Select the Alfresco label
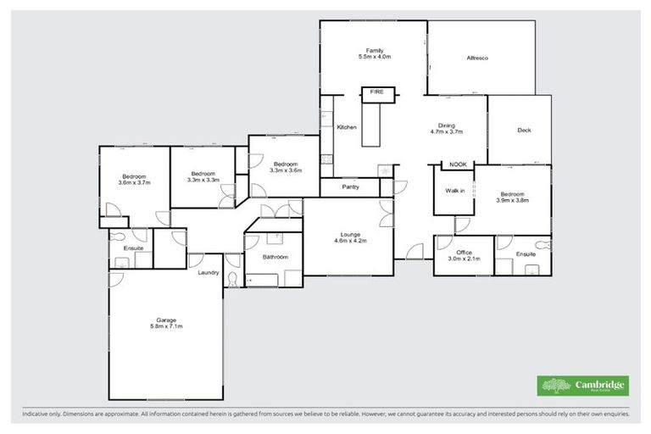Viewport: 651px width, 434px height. click(x=481, y=58)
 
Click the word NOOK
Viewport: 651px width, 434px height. click(x=458, y=164)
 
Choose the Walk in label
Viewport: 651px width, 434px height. click(x=455, y=191)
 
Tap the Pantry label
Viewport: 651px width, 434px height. click(x=352, y=186)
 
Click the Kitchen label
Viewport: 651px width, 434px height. click(x=347, y=127)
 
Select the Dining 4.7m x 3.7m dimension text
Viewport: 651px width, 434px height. click(x=445, y=132)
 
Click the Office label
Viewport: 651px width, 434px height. click(x=463, y=255)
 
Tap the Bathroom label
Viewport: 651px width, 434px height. click(x=275, y=257)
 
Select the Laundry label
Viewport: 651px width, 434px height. click(x=209, y=273)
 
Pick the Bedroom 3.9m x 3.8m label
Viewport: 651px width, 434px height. click(x=512, y=198)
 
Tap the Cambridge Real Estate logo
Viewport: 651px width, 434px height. click(x=583, y=386)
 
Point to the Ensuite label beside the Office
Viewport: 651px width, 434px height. click(x=526, y=254)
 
